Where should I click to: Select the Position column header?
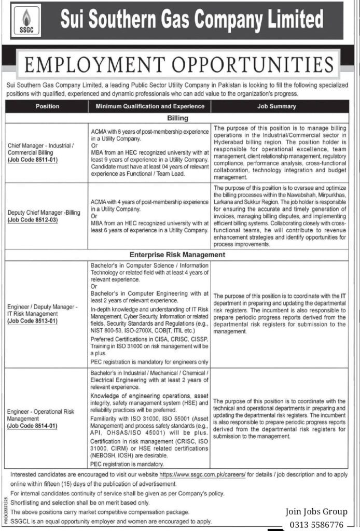[47, 106]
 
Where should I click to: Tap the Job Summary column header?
[276, 106]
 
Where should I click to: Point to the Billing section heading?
[177, 118]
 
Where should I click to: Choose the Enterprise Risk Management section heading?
[177, 255]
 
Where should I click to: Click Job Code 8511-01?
[32, 160]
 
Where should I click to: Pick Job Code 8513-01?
[32, 321]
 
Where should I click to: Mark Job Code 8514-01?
[32, 426]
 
